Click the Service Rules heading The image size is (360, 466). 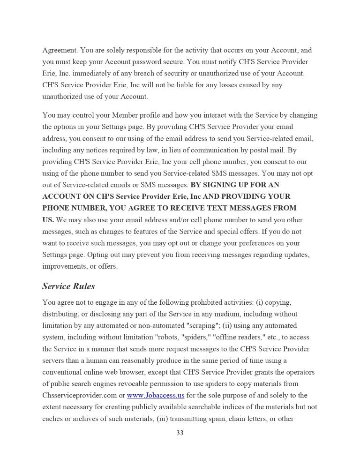click(68, 286)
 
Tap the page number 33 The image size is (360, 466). click(180, 433)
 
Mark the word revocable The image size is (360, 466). click(144, 383)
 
